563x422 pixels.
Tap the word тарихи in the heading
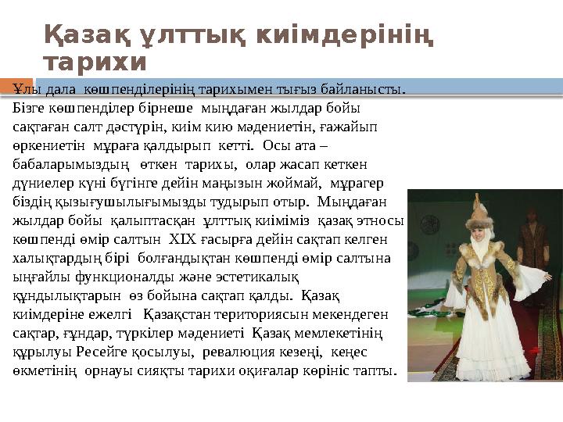[x=95, y=62]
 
